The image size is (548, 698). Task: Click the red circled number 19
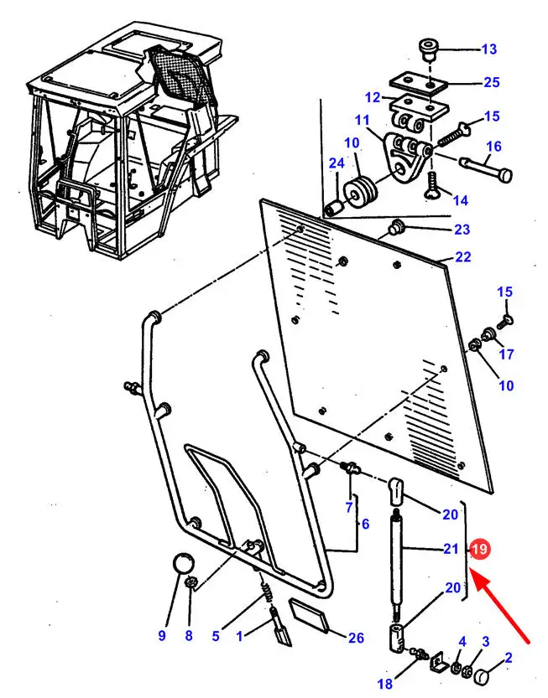pyautogui.click(x=479, y=549)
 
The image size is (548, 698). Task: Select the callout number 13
pyautogui.click(x=488, y=49)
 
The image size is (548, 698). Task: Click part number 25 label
pyautogui.click(x=492, y=82)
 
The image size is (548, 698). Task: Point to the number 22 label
pyautogui.click(x=463, y=257)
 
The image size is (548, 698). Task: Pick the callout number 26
pyautogui.click(x=356, y=638)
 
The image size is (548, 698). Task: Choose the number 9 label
pyautogui.click(x=162, y=635)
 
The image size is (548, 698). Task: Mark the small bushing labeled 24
pyautogui.click(x=334, y=209)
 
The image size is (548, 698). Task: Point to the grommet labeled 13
pyautogui.click(x=428, y=50)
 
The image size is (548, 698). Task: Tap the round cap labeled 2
pyautogui.click(x=482, y=678)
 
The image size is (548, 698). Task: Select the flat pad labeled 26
pyautogui.click(x=310, y=615)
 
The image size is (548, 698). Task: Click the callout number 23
pyautogui.click(x=462, y=230)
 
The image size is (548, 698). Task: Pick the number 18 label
pyautogui.click(x=385, y=683)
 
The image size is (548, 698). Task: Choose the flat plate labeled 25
pyautogui.click(x=419, y=83)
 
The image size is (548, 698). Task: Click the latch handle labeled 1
pyautogui.click(x=280, y=628)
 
